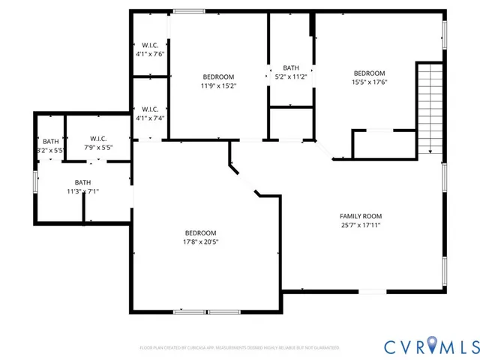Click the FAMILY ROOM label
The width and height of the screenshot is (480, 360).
pos(360,216)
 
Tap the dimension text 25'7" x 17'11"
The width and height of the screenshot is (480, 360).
pos(360,225)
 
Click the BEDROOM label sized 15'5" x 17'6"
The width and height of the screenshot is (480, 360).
pos(369,73)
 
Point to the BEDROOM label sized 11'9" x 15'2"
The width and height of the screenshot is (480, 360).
pos(217,76)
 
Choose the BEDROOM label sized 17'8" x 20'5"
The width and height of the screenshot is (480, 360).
pos(201,232)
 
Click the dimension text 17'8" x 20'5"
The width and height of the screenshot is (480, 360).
pos(201,241)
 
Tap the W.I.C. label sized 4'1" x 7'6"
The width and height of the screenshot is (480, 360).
pos(149,45)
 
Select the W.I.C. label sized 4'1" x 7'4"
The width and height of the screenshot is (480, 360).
pos(149,109)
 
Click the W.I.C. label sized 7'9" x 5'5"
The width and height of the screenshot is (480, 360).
pos(97,139)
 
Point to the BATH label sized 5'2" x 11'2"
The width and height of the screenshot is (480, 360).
pos(290,67)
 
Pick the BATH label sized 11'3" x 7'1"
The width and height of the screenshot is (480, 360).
pos(82,182)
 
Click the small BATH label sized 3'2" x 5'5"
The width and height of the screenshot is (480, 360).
pos(50,141)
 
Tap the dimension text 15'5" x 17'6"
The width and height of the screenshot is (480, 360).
pos(369,82)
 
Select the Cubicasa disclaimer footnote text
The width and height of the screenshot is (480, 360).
pos(239,348)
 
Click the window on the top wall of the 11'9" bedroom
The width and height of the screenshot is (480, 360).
pos(188,10)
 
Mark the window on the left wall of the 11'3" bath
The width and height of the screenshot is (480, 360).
pos(35,182)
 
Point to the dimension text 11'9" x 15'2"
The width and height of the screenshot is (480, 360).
pos(217,85)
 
